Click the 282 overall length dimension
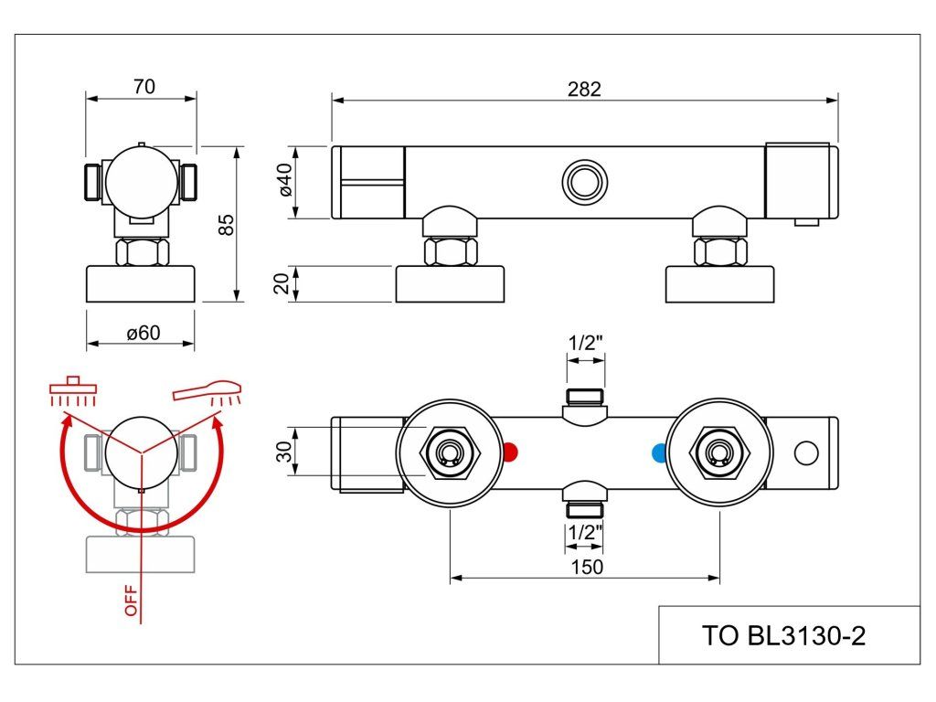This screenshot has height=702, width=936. point(584,89)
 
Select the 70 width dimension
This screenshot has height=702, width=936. point(144,87)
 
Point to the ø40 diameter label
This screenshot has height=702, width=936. point(284,181)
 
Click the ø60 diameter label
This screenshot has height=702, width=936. point(144,333)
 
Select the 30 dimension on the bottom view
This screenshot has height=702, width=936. point(283,452)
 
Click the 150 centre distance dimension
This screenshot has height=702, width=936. point(586,567)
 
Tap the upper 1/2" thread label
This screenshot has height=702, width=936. point(586,343)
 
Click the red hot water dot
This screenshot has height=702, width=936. point(510,452)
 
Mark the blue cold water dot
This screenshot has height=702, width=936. point(660,452)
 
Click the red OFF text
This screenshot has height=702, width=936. point(131,600)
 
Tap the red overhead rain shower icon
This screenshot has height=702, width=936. point(74,391)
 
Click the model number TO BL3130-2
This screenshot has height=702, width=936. point(783,635)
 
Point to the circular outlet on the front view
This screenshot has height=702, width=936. point(584,182)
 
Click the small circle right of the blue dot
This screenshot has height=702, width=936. point(805,452)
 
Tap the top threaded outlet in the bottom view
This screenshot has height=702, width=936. point(585,397)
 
